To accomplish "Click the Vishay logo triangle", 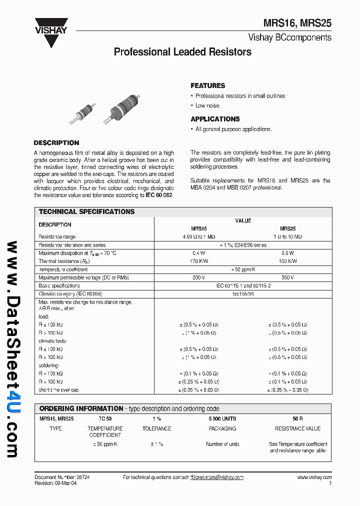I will pos(51,35).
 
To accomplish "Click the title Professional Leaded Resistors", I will pos(182,52).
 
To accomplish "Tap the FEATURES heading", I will pos(207,85).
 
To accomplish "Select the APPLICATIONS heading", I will pos(215,119).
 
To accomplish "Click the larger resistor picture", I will pos(125,106).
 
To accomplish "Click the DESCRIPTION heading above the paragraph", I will pos(56,142).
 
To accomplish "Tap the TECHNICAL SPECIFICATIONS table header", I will pos(86,211).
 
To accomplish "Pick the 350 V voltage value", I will pos(287,277).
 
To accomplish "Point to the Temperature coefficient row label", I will pos(63,269).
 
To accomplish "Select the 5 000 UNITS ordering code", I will pos(222,418).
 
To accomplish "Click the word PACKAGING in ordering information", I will pos(222,428).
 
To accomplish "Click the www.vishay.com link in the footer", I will pos(314,477).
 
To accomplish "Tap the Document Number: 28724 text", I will pos(62,477).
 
